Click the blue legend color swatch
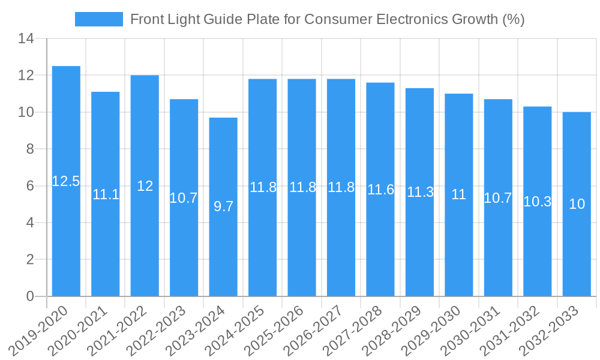pos(98,19)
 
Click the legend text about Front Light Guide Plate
pos(327,19)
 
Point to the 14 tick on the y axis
pos(26,39)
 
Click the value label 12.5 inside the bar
pos(66,181)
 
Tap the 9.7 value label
pos(223,206)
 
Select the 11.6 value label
pos(380,190)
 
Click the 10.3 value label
pos(538,202)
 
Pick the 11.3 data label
pos(420,192)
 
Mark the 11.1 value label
pos(106,194)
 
